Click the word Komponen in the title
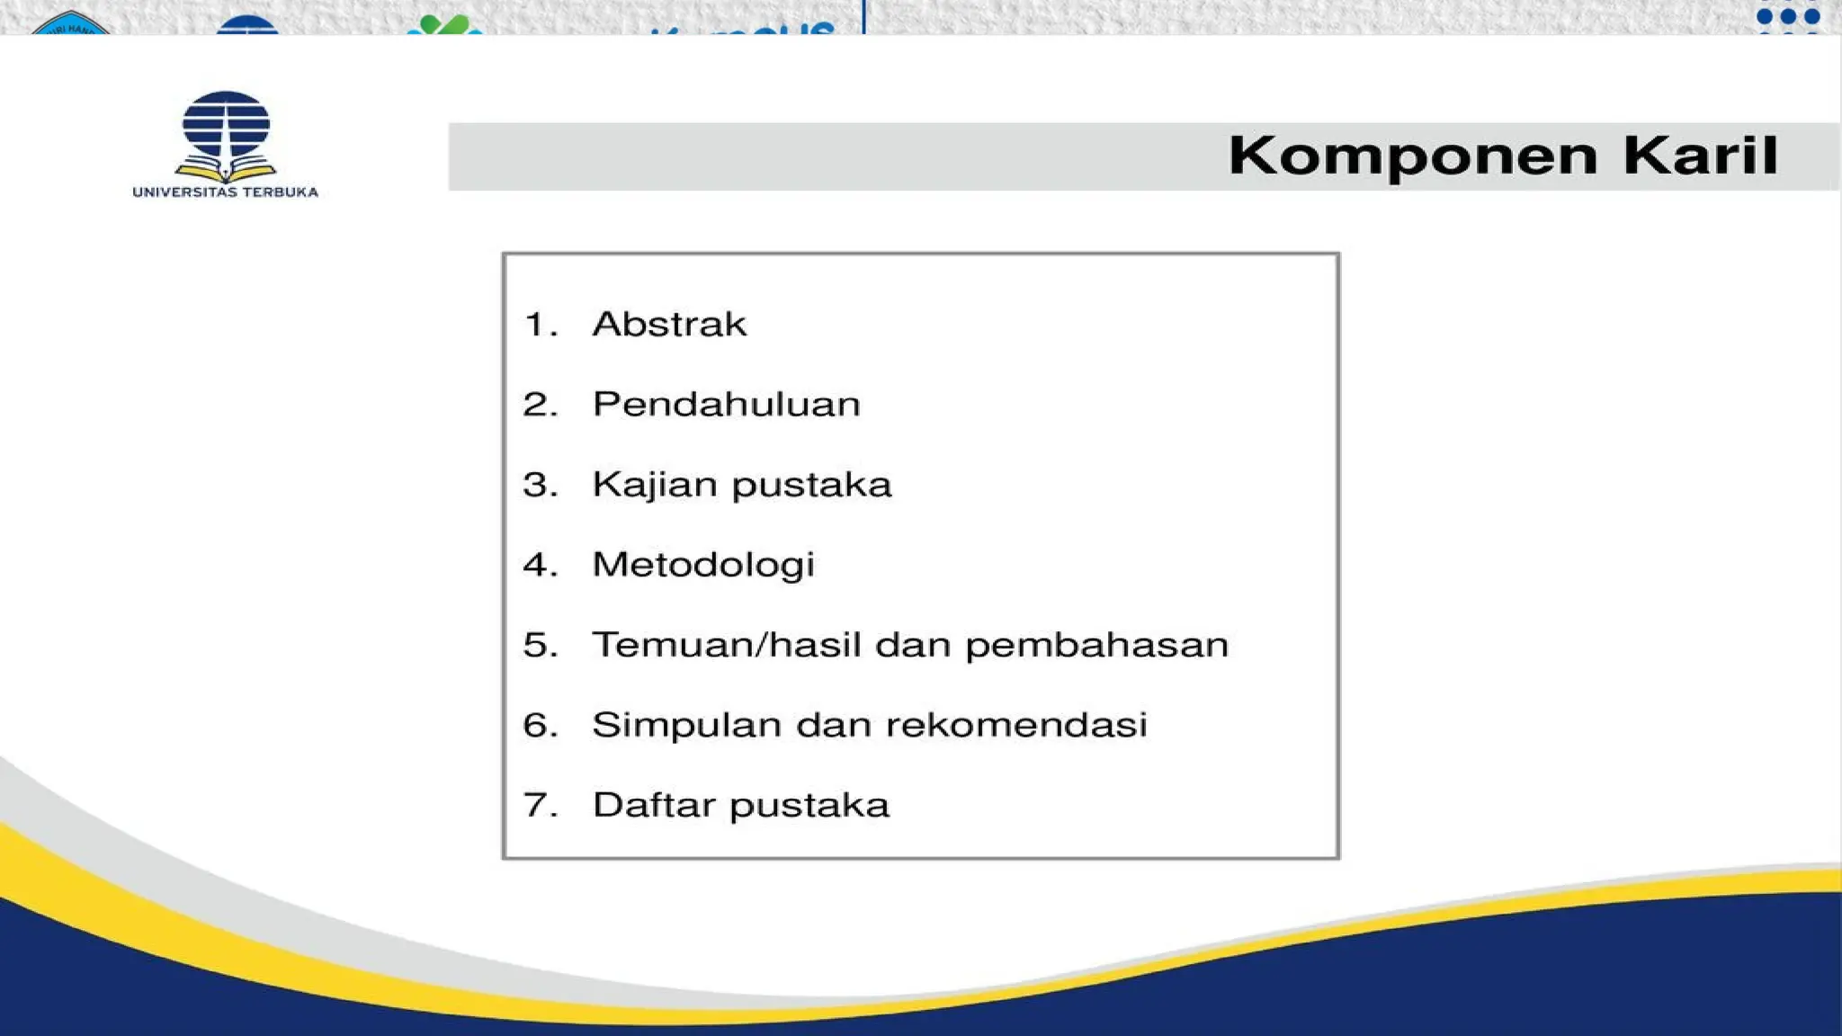1413,156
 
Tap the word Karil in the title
1701,155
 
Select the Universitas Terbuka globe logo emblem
226,135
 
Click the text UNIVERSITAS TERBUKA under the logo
225,192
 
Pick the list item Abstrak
669,324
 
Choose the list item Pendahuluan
726,404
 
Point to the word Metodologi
703,565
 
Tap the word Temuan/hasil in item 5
726,645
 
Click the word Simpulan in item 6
686,725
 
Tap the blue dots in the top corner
1788,17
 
